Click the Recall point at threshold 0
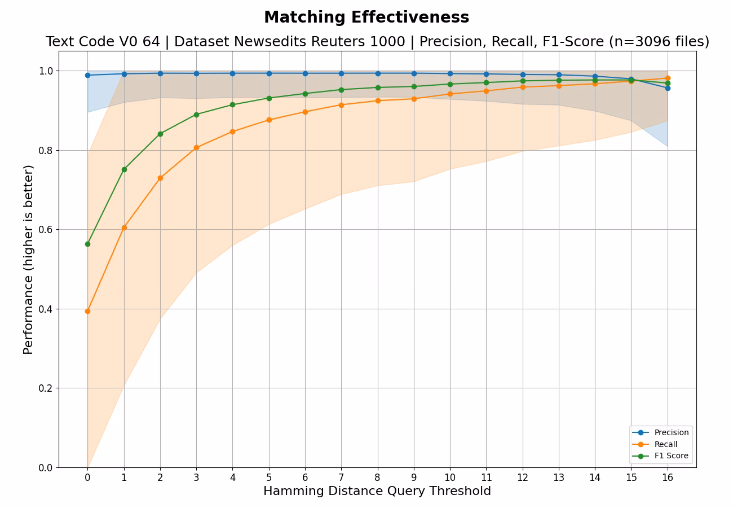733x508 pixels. point(87,311)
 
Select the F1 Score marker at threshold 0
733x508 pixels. point(87,244)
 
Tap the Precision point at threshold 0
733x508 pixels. point(87,75)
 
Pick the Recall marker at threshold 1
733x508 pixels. point(124,227)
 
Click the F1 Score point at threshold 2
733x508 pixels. point(160,134)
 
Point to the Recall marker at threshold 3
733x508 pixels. point(196,148)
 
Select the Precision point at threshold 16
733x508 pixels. point(668,88)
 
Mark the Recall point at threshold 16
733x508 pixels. point(668,78)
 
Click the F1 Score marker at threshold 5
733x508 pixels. point(269,98)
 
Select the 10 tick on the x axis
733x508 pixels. point(450,478)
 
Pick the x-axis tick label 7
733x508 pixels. point(341,478)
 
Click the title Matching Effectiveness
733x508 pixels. point(366,17)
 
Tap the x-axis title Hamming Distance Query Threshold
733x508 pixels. point(377,491)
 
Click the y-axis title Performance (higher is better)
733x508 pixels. point(28,259)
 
